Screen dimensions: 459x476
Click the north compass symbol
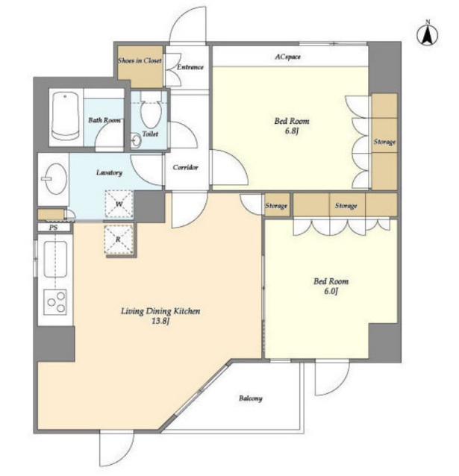click(x=428, y=34)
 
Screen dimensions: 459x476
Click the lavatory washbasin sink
click(x=56, y=179)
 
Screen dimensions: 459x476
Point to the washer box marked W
click(x=119, y=204)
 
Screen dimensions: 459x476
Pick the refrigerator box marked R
click(x=119, y=239)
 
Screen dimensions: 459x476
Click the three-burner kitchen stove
click(x=55, y=302)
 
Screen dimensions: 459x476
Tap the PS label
click(x=54, y=227)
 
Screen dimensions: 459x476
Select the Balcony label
click(x=251, y=398)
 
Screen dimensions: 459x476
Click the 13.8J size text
click(x=160, y=321)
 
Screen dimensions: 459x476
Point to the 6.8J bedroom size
click(x=291, y=131)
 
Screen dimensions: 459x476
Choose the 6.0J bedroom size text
click(x=331, y=291)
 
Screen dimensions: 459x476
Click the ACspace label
click(x=287, y=57)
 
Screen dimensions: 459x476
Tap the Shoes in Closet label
click(x=140, y=60)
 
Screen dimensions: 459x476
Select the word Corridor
click(x=185, y=167)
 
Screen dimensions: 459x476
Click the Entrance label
click(x=190, y=67)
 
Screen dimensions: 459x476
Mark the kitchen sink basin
click(x=55, y=259)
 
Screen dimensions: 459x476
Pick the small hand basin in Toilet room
click(x=137, y=140)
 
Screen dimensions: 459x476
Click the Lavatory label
click(x=109, y=172)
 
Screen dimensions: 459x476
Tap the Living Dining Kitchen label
click(x=160, y=311)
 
